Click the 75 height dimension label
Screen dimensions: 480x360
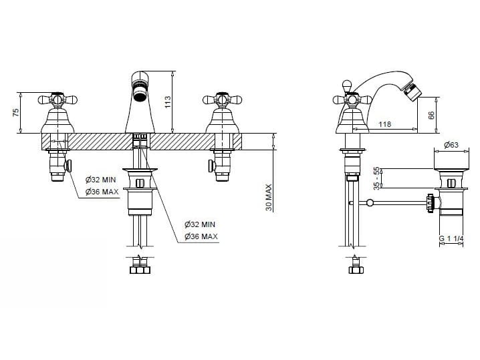click(x=16, y=112)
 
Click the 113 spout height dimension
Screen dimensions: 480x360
click(x=167, y=102)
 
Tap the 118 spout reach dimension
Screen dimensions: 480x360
click(x=385, y=124)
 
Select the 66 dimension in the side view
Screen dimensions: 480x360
click(x=431, y=116)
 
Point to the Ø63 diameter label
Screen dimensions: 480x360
click(x=451, y=145)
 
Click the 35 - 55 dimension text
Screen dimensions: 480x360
click(x=376, y=178)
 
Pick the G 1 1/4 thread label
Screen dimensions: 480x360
click(x=451, y=238)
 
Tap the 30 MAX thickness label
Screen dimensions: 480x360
click(x=269, y=197)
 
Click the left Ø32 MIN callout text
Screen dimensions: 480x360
click(x=101, y=180)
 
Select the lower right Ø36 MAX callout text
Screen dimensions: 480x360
click(x=201, y=236)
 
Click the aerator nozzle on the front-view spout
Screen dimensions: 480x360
click(x=140, y=92)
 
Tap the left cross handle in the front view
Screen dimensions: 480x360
click(x=57, y=100)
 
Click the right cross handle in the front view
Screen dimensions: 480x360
click(x=222, y=100)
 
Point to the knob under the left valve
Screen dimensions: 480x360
click(x=68, y=166)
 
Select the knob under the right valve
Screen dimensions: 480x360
click(x=211, y=166)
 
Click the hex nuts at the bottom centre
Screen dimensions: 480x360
click(x=140, y=269)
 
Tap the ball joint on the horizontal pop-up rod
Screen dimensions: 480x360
click(x=370, y=202)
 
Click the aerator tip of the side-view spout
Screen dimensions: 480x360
click(x=409, y=90)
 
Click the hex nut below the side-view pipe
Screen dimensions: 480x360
click(x=356, y=270)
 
